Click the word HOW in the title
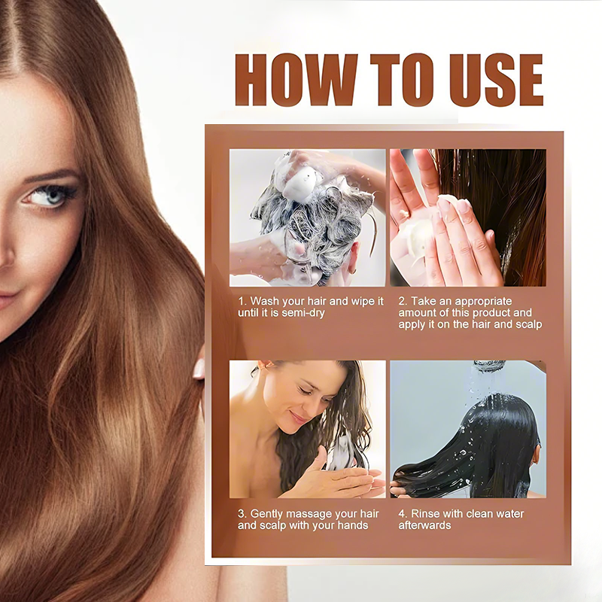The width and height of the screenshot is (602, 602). [x=296, y=80]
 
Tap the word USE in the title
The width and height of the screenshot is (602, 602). [x=497, y=80]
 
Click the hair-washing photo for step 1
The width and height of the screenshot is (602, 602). [x=308, y=217]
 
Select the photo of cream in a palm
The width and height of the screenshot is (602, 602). [x=468, y=217]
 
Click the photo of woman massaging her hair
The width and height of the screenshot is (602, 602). [x=308, y=429]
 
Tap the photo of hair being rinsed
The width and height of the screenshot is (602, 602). [x=468, y=429]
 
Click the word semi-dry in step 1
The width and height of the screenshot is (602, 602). [x=303, y=313]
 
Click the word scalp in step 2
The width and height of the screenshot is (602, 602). [x=529, y=324]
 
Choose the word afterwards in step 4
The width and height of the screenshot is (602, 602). [x=424, y=525]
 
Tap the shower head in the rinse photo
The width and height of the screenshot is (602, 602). [x=490, y=365]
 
